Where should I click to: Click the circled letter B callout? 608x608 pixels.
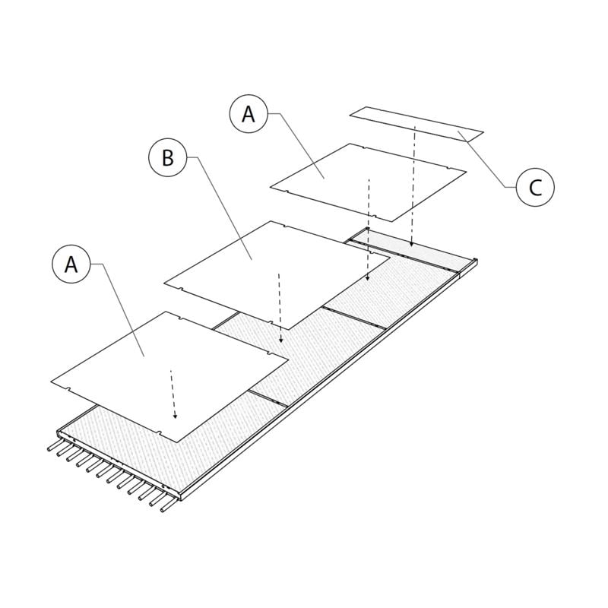[168, 157]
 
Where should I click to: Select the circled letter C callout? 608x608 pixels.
[535, 187]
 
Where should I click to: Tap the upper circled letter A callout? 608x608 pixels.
[249, 114]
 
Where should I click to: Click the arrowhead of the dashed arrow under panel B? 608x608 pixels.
[281, 340]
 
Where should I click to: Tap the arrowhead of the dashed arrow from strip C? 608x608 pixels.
[411, 245]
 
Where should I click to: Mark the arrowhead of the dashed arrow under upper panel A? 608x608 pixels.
[368, 279]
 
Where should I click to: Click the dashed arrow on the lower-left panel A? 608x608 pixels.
[173, 395]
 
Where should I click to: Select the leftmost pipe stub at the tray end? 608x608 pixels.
[52, 448]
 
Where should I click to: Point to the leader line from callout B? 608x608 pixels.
[220, 205]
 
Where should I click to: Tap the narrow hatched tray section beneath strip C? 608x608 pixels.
[410, 251]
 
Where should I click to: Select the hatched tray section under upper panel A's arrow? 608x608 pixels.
[388, 293]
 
